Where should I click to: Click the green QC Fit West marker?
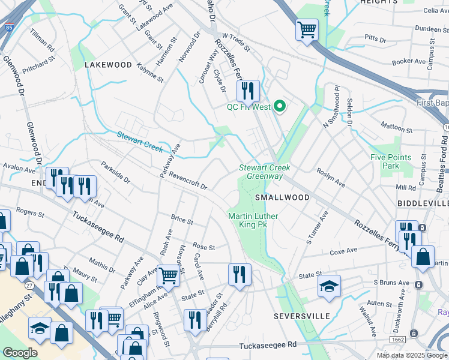pos(279,107)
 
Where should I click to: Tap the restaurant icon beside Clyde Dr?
pos(247,91)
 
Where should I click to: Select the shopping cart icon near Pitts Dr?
pos(307,29)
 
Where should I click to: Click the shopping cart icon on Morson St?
pos(169,275)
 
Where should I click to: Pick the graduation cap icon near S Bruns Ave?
pos(329,286)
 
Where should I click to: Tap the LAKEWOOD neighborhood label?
pos(107,64)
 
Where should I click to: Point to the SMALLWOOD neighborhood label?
pos(282,197)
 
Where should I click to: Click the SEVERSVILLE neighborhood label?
pos(302,316)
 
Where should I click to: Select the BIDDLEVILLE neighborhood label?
pos(423,203)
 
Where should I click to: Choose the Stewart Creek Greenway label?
pos(261,172)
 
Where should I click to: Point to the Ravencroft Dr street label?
pos(188,181)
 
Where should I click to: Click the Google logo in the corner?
pos(20,353)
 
